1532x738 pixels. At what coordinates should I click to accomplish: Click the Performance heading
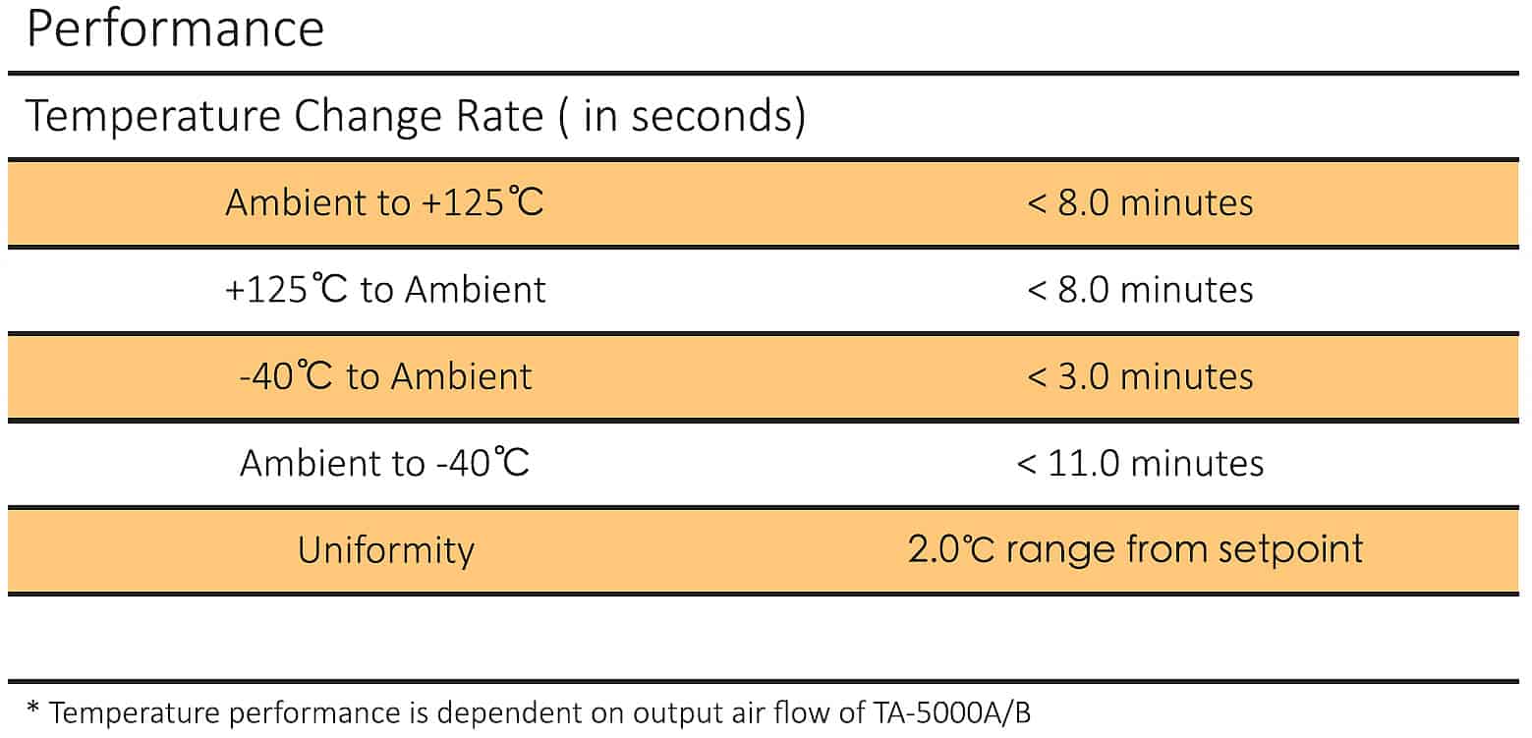pos(175,29)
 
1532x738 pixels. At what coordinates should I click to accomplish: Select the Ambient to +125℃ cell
pos(384,202)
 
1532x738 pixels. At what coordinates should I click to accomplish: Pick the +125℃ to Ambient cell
pos(384,290)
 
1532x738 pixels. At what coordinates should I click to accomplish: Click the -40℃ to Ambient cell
pos(385,376)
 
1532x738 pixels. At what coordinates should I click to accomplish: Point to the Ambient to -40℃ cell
pos(384,463)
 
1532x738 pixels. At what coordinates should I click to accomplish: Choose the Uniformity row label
pos(385,549)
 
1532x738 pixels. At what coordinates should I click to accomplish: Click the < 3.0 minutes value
pos(1139,376)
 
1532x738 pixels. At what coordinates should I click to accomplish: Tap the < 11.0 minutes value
pos(1139,463)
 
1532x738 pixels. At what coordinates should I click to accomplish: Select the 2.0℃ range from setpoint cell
pos(1135,548)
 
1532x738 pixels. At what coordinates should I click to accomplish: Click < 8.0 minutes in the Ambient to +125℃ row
pos(1139,202)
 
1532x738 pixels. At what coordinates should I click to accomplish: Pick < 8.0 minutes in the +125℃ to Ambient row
pos(1139,290)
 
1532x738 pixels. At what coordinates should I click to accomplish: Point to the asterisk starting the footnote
pos(33,710)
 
